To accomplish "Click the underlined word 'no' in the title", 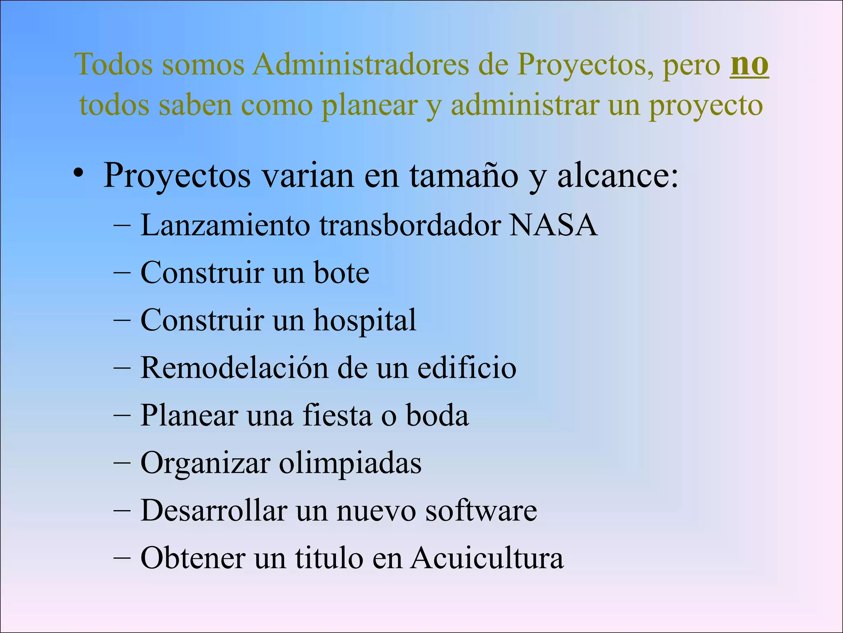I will [x=749, y=65].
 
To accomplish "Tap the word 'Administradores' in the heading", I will [x=361, y=64].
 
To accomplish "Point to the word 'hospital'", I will [x=365, y=321].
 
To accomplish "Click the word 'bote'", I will [x=341, y=273].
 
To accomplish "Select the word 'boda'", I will [x=437, y=415].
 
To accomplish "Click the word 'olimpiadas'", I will [x=350, y=463].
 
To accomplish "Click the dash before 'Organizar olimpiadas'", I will [x=122, y=463].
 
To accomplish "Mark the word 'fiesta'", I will [x=337, y=415].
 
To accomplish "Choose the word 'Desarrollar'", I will [x=214, y=510].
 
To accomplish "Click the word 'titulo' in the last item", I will [x=329, y=558].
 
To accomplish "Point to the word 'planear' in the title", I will [x=369, y=105].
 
